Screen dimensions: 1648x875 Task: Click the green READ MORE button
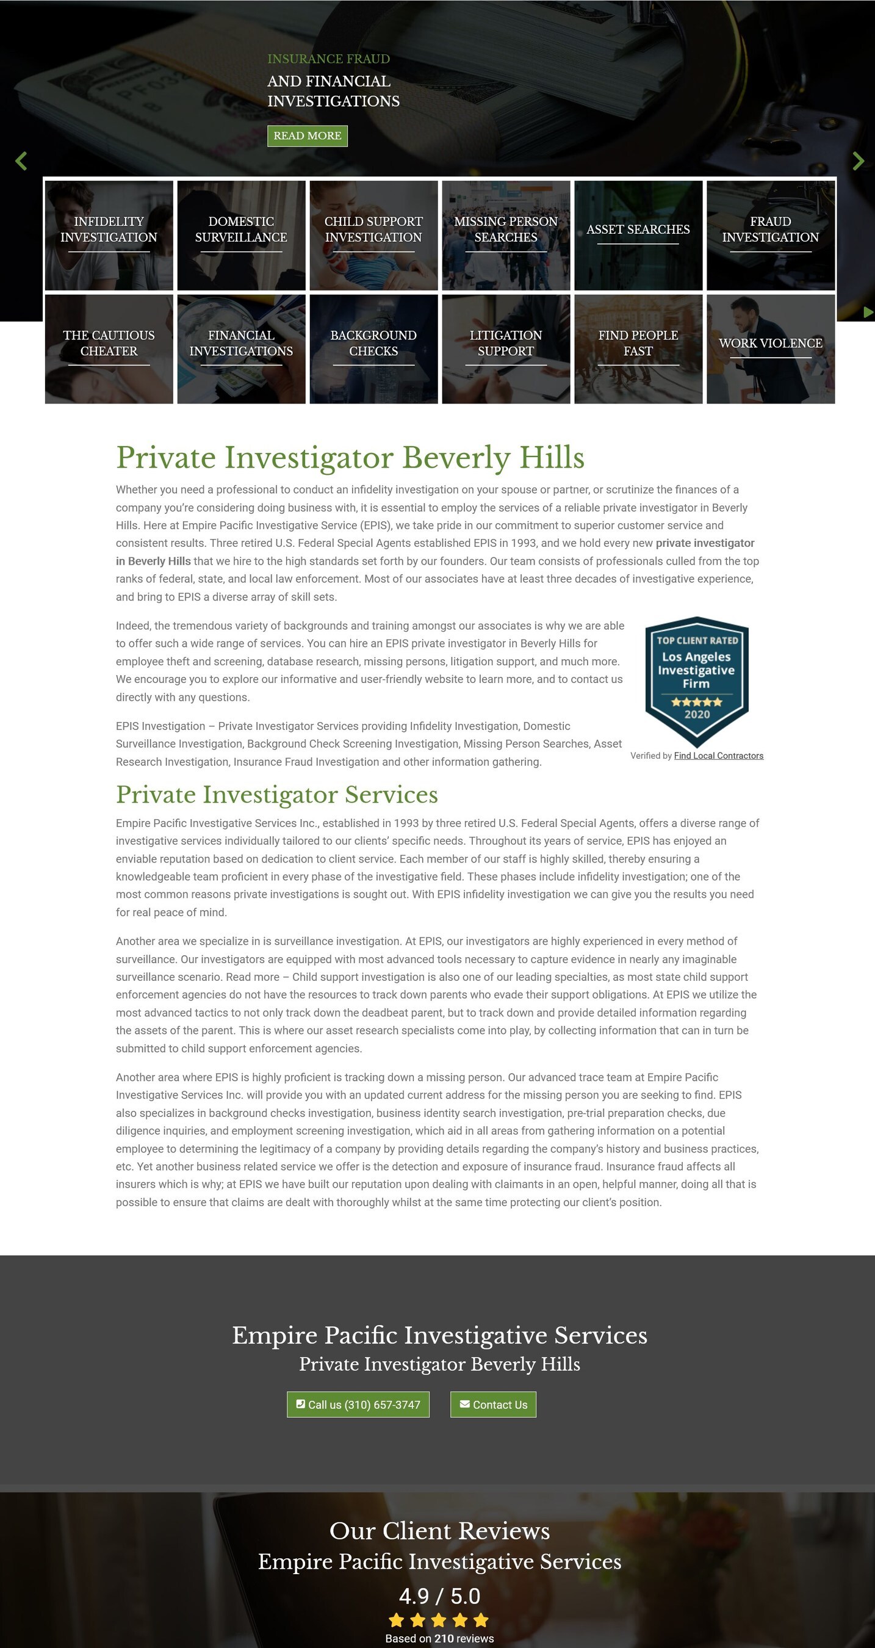click(307, 136)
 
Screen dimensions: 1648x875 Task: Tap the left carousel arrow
click(21, 161)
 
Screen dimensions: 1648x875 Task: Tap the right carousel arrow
click(858, 161)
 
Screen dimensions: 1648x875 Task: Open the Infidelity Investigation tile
click(109, 235)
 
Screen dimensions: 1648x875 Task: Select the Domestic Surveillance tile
click(241, 235)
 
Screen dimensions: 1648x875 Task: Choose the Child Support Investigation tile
click(373, 235)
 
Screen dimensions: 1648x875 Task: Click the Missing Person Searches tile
click(506, 235)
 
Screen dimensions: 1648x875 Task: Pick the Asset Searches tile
click(638, 235)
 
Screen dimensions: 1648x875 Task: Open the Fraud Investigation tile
click(771, 235)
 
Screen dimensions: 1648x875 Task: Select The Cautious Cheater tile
click(109, 349)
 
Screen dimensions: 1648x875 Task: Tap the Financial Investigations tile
click(241, 349)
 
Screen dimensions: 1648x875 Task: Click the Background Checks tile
click(373, 349)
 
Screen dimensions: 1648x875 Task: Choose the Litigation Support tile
click(506, 349)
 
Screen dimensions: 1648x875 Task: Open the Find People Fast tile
click(638, 349)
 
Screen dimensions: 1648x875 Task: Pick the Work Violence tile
click(771, 349)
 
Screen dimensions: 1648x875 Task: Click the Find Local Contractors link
click(718, 756)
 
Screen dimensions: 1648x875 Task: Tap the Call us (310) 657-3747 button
click(358, 1404)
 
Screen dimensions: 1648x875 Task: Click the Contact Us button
click(493, 1404)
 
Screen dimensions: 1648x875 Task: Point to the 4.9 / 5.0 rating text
click(439, 1596)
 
